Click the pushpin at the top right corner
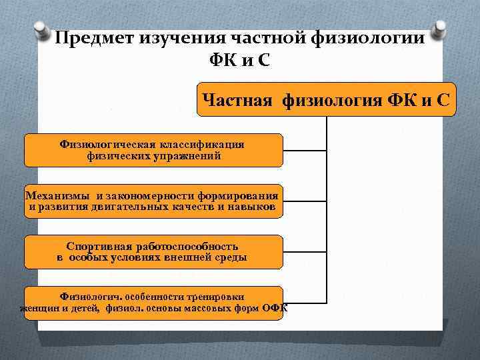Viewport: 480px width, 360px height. coord(439,29)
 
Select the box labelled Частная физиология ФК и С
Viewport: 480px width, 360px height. coord(327,101)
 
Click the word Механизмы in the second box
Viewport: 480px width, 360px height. coord(57,195)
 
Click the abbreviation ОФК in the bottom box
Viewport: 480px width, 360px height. coord(275,308)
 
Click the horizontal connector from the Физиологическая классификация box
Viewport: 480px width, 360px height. coord(305,150)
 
